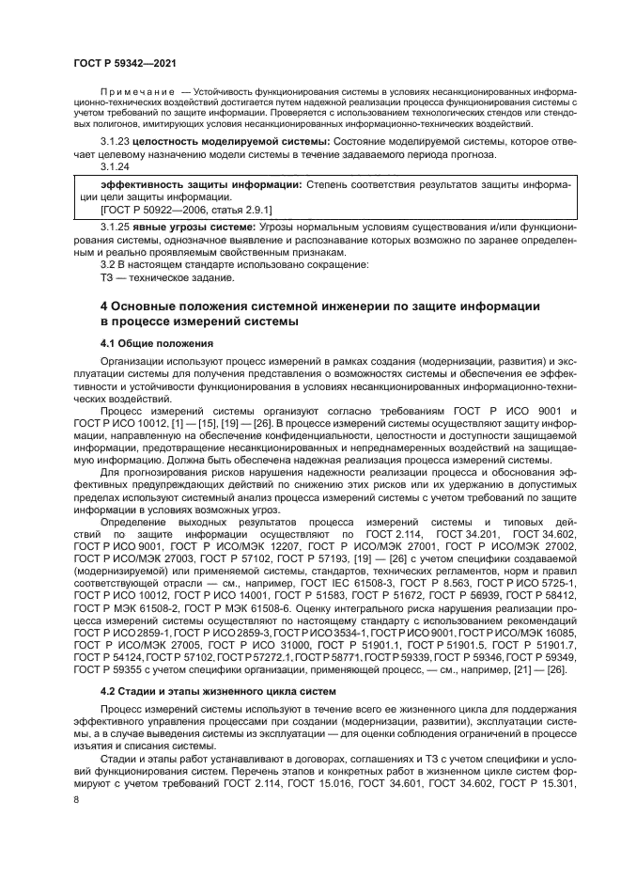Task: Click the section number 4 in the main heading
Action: tap(105, 306)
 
